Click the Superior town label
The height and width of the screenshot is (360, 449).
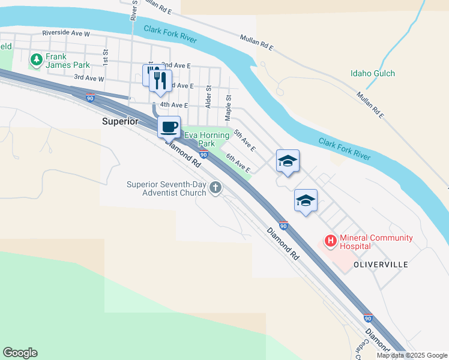(x=120, y=121)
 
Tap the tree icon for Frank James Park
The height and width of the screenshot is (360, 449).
(x=37, y=60)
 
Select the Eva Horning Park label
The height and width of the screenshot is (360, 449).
(x=207, y=139)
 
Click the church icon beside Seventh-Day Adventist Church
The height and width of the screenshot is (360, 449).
(x=215, y=189)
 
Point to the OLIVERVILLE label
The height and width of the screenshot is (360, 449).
(x=381, y=265)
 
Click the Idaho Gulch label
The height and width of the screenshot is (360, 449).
(x=373, y=74)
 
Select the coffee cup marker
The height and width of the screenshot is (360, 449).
(x=169, y=127)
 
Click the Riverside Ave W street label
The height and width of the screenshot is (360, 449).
(x=65, y=34)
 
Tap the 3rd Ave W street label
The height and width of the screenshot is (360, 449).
(x=89, y=78)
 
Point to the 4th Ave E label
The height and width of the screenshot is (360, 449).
(x=166, y=104)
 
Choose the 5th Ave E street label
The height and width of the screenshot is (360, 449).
(x=245, y=140)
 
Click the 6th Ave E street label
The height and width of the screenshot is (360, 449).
(x=238, y=162)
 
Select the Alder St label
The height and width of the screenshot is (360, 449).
(x=209, y=95)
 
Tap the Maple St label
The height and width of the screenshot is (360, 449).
(x=228, y=105)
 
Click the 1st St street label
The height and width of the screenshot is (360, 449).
(x=105, y=58)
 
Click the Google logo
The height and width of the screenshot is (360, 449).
(x=20, y=353)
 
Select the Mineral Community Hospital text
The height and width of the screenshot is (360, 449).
(x=376, y=242)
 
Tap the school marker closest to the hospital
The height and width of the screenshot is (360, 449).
(x=306, y=201)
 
